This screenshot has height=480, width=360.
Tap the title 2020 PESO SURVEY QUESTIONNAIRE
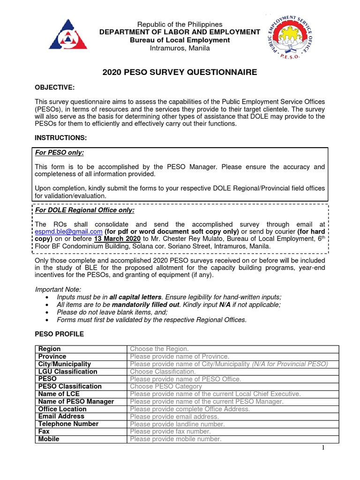180,72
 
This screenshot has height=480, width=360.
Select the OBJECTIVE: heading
55,88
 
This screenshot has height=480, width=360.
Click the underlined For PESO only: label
60,153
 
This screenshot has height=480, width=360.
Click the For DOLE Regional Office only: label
85,210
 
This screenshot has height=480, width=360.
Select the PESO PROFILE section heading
60,334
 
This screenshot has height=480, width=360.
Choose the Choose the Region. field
159,349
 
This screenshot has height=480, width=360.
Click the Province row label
52,357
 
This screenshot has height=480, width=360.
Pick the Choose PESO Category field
166,387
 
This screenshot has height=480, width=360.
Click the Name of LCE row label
59,394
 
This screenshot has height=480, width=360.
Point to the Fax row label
44,432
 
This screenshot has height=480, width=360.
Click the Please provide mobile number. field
175,439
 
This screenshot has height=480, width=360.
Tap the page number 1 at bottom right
323,448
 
